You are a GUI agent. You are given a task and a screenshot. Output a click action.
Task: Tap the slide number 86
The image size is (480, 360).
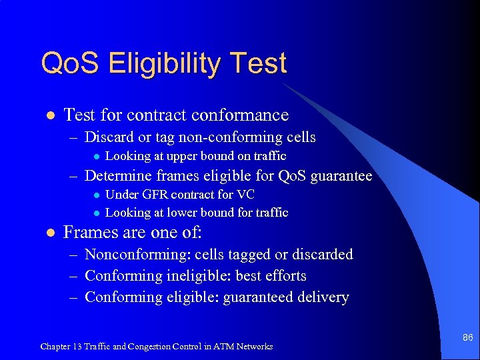pos(467,338)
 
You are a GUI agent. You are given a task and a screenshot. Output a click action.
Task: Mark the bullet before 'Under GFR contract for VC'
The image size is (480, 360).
pos(96,195)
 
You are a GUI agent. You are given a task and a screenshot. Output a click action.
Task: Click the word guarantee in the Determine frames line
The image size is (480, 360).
pos(339,176)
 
